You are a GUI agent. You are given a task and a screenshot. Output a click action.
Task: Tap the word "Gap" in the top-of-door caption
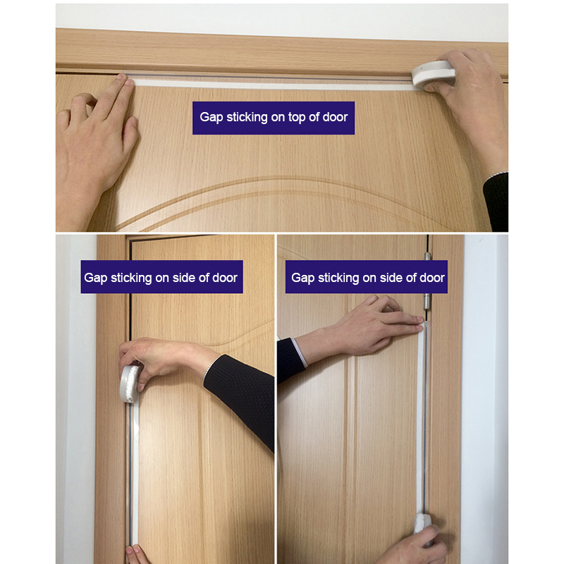[211, 117]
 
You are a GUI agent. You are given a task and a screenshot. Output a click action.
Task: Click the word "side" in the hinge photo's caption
[379, 278]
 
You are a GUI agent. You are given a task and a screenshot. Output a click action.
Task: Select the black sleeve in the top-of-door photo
[497, 201]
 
